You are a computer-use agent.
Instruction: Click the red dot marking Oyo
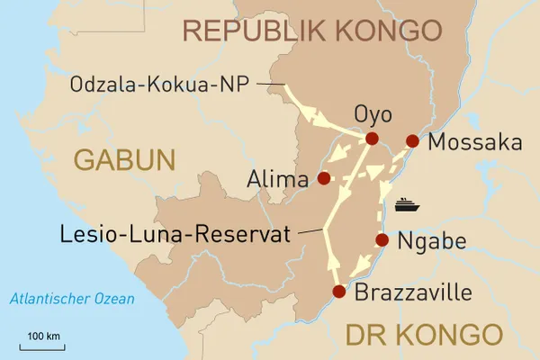pyautogui.click(x=372, y=139)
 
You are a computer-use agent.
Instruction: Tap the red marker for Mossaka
pyautogui.click(x=412, y=140)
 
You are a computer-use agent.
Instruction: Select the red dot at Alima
pyautogui.click(x=323, y=178)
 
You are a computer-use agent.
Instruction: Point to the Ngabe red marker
pyautogui.click(x=382, y=240)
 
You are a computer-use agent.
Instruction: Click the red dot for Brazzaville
pyautogui.click(x=338, y=291)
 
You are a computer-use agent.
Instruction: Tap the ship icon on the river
pyautogui.click(x=408, y=203)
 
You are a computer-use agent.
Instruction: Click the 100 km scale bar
pyautogui.click(x=42, y=344)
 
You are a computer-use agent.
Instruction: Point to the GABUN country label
pyautogui.click(x=123, y=160)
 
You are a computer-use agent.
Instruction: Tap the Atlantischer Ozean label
pyautogui.click(x=67, y=299)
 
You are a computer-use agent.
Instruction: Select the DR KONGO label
pyautogui.click(x=423, y=335)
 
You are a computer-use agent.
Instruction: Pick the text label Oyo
pyautogui.click(x=373, y=115)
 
